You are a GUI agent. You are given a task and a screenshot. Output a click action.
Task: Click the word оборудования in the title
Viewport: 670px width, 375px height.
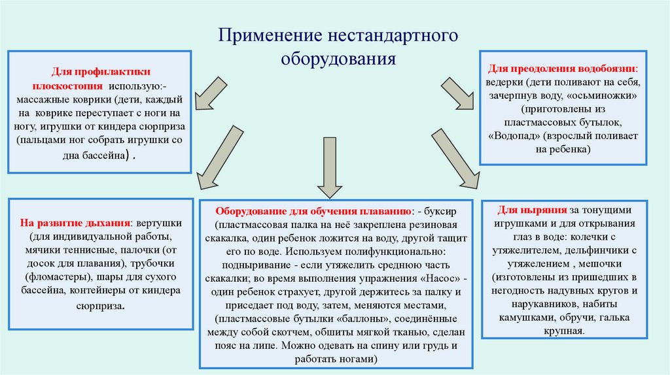pos(338,59)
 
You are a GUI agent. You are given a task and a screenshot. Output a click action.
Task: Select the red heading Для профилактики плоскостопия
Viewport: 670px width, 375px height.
pos(101,79)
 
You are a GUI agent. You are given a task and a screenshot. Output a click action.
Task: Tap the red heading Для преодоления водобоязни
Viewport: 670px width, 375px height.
pos(561,68)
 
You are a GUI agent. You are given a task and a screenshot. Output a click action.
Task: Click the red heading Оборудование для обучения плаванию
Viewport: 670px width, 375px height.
pos(314,212)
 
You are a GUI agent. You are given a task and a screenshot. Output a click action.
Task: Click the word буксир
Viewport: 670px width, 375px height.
pos(448,212)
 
